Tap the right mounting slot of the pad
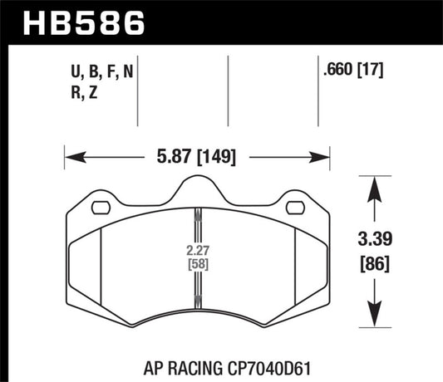[295, 208]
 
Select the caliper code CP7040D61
[258, 363]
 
